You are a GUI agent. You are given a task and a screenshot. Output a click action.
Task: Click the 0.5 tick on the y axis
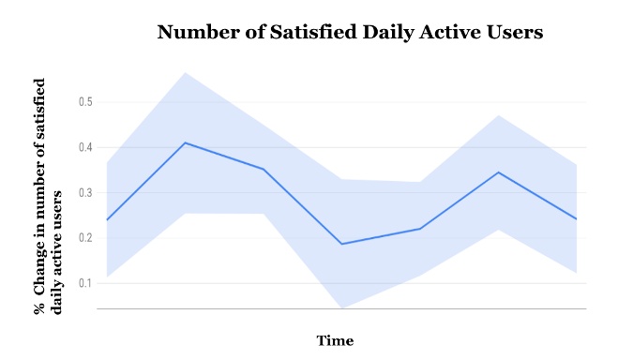pyautogui.click(x=85, y=101)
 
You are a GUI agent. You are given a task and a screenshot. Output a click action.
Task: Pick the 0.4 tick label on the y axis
pyautogui.click(x=85, y=147)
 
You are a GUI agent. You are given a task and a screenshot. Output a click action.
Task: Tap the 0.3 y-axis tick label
pyautogui.click(x=85, y=192)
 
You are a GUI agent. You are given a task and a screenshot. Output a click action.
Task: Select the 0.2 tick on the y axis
pyautogui.click(x=85, y=237)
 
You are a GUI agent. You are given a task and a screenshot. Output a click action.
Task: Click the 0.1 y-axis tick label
pyautogui.click(x=85, y=283)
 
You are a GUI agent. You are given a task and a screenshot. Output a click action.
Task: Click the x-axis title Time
pyautogui.click(x=335, y=340)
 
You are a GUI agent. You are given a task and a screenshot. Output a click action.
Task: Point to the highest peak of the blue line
pyautogui.click(x=186, y=142)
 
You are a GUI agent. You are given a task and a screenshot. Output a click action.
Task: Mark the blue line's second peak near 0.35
pyautogui.click(x=498, y=172)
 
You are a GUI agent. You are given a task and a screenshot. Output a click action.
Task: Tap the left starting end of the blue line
pyautogui.click(x=107, y=219)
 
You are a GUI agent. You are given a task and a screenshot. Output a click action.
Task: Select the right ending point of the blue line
pyautogui.click(x=576, y=218)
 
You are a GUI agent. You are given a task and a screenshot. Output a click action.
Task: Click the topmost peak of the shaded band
pyautogui.click(x=185, y=72)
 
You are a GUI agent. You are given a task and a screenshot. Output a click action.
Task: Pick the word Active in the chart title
pyautogui.click(x=430, y=33)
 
